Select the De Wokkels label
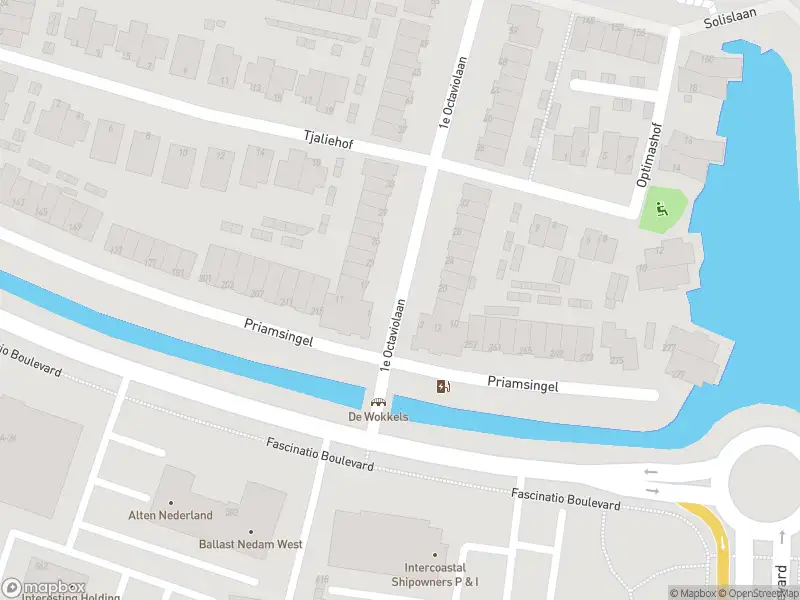[378, 417]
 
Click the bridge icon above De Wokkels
[378, 402]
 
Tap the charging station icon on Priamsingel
[443, 386]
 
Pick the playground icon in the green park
[661, 210]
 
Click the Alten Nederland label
[170, 516]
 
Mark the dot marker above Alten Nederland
[171, 502]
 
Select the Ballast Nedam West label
[249, 544]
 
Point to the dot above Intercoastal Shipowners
[434, 554]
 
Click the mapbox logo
[43, 588]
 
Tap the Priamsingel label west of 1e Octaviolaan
[279, 333]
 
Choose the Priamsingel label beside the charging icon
[522, 385]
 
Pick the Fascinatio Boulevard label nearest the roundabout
[565, 500]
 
